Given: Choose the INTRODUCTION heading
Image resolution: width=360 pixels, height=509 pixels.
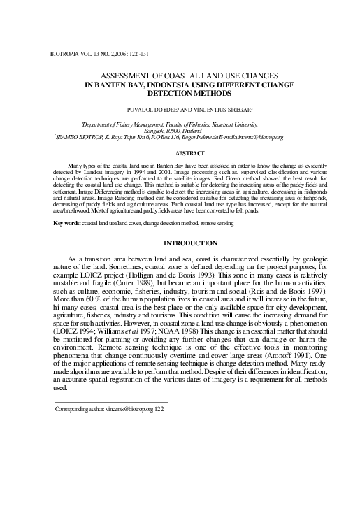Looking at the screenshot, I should click(189, 243).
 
